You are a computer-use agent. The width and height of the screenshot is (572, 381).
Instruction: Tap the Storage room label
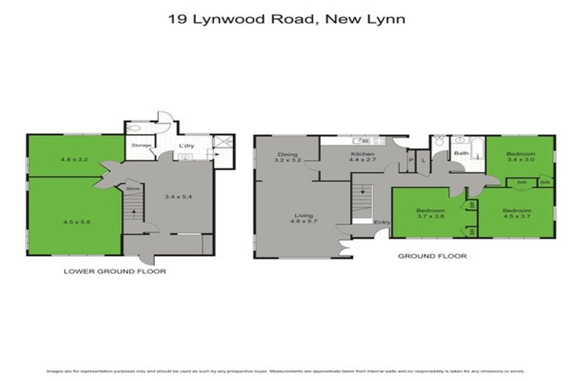142,145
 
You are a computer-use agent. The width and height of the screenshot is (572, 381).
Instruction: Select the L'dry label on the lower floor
186,145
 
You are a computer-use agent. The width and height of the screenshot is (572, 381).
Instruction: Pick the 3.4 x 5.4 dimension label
179,196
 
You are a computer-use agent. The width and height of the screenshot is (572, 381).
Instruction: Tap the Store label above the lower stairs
133,190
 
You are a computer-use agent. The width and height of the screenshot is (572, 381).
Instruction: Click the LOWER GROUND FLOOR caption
115,272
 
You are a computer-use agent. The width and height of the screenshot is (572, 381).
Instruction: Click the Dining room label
286,156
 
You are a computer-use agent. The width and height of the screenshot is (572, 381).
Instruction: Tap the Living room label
303,217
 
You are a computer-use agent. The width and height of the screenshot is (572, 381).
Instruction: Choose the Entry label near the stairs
381,222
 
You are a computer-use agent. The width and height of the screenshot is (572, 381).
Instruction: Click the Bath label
462,154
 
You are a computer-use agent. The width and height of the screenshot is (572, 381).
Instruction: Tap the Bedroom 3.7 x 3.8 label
430,213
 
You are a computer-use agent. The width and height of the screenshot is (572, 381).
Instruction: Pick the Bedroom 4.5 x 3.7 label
515,213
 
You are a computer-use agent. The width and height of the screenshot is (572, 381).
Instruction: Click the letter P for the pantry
410,159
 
